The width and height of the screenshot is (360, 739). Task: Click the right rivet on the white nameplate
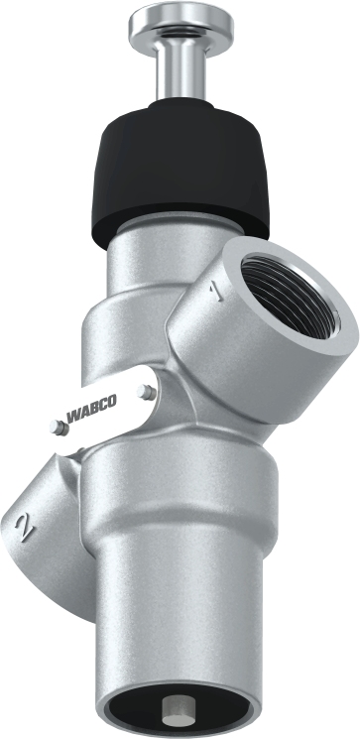tap(148, 393)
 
